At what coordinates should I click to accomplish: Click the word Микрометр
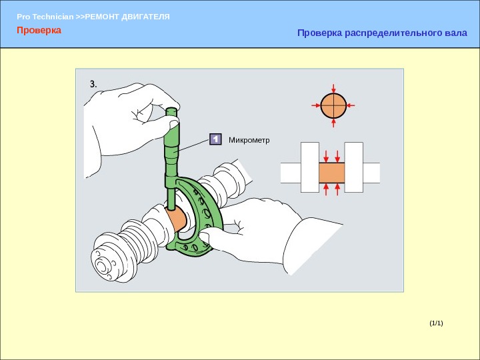click(x=249, y=140)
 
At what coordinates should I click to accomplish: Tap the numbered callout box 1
click(x=215, y=139)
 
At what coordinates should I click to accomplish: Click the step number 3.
click(x=93, y=85)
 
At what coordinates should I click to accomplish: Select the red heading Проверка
click(x=39, y=31)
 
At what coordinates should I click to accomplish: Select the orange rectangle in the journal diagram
click(x=331, y=174)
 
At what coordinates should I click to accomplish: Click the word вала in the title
click(x=451, y=33)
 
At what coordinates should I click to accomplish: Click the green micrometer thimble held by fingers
click(x=173, y=137)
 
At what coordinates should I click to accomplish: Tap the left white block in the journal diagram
click(x=309, y=167)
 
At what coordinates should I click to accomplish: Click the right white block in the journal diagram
click(x=353, y=167)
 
